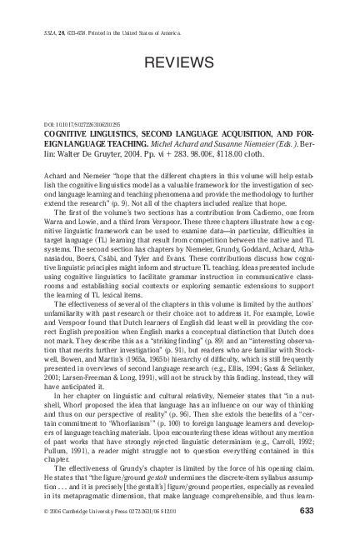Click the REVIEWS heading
pyautogui.click(x=180, y=63)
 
